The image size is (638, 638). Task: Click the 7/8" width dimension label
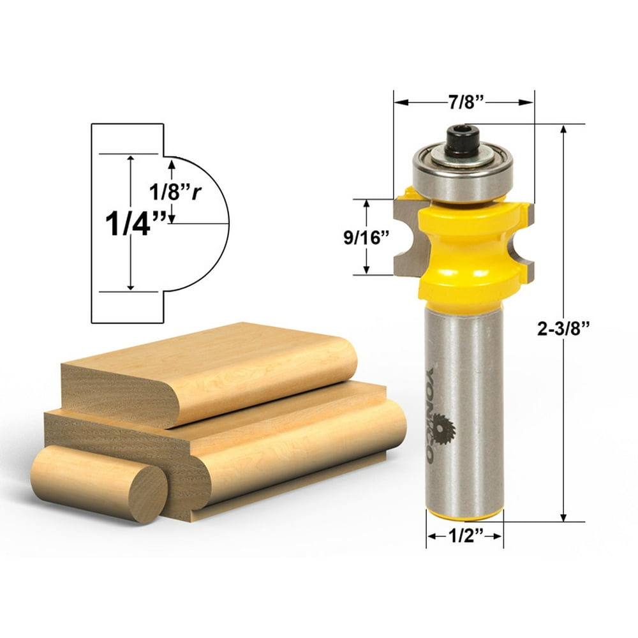[x=464, y=101]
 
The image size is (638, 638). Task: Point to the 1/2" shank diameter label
[x=464, y=537]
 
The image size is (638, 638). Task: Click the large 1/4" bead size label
[x=135, y=225]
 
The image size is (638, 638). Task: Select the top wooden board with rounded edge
[x=211, y=373]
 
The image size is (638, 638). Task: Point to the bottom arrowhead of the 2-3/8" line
[x=563, y=517]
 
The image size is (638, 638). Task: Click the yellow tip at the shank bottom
[x=464, y=514]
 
